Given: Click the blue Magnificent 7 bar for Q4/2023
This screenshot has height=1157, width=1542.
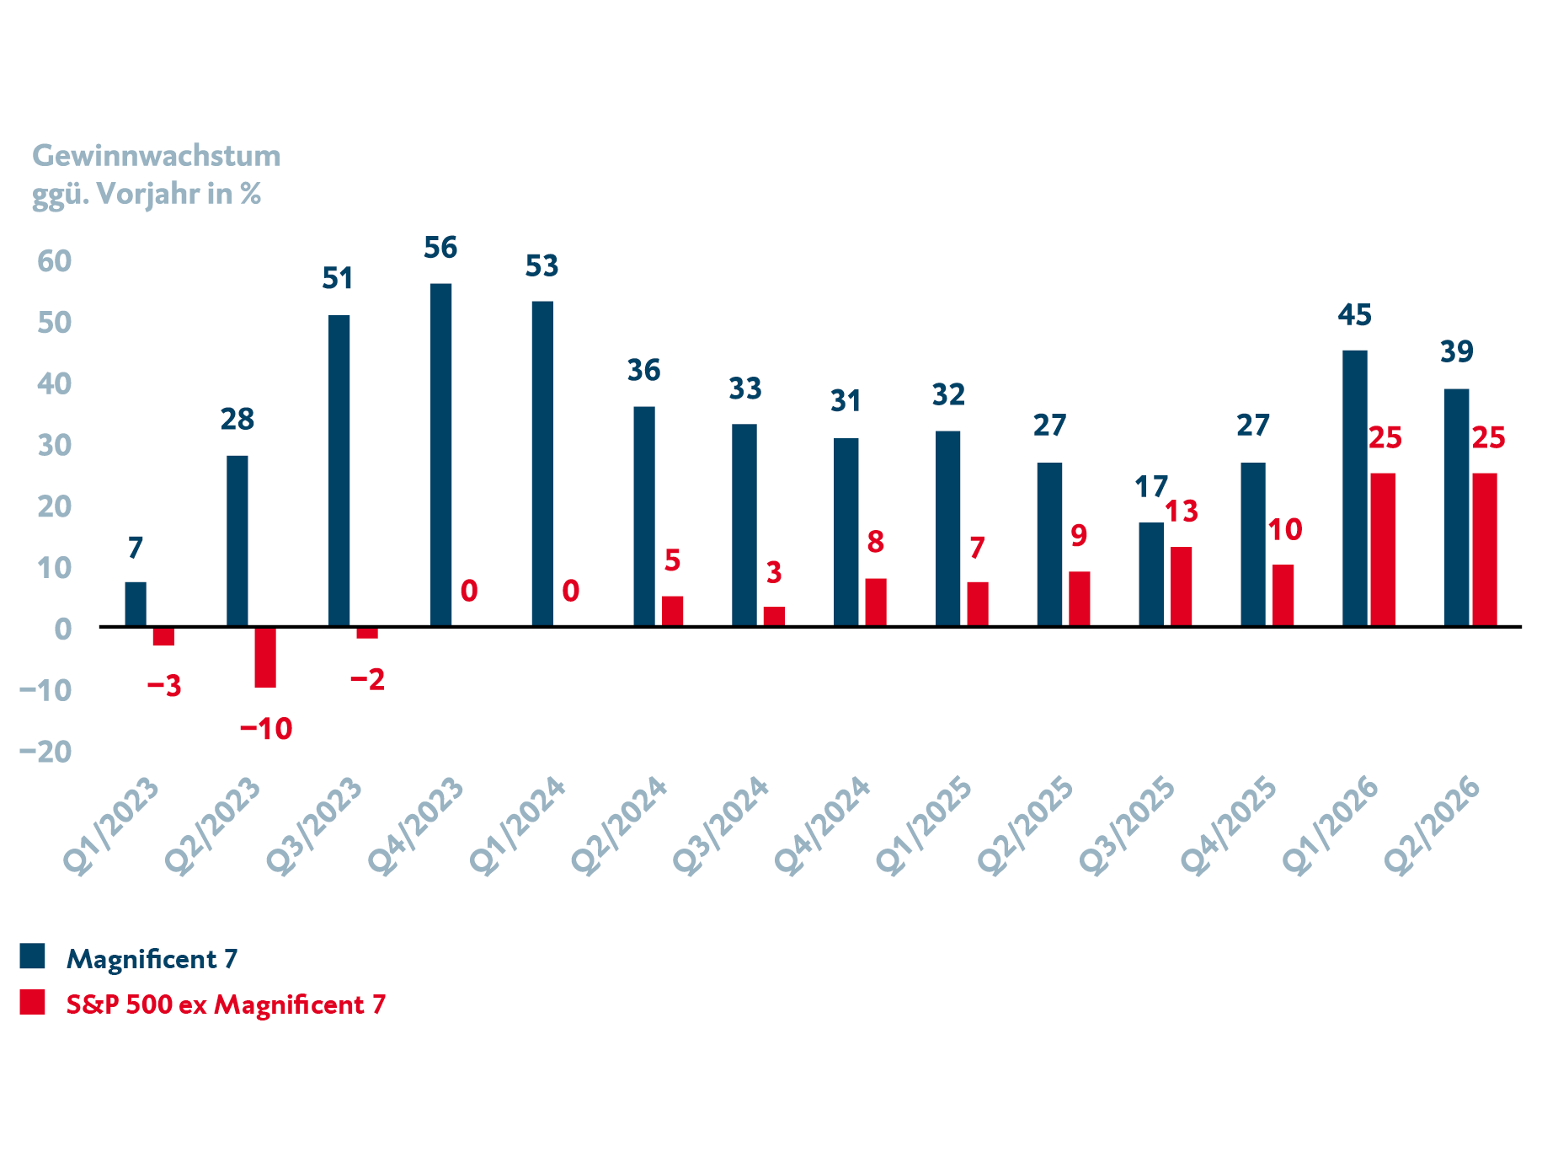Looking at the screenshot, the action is coord(440,454).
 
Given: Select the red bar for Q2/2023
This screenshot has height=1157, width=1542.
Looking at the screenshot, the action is coord(265,657).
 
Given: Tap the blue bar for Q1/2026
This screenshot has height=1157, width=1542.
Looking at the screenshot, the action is coord(1354,488).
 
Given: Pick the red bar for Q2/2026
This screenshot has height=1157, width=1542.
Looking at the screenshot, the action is coord(1484,549).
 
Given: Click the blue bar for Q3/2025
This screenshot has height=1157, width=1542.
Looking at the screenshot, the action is coord(1151,574).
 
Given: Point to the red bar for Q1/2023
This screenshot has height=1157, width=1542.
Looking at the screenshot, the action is coord(163,636).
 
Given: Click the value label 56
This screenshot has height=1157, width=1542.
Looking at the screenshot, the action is coord(440,248).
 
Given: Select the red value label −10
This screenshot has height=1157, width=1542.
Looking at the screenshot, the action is coord(266,729).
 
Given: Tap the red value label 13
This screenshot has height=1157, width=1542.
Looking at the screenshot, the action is coord(1181,512).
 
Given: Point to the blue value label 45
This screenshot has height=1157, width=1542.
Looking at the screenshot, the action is coord(1354,315).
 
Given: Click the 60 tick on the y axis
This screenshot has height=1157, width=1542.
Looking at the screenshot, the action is coord(55,261).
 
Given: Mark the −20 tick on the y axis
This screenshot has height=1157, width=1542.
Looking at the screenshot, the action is coord(45,751).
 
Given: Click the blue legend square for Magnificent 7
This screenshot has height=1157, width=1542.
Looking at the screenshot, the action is coord(32,956).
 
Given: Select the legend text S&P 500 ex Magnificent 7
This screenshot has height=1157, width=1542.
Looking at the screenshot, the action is coord(226,1004).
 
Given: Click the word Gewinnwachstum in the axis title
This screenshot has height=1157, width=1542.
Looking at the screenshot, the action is coord(157,156).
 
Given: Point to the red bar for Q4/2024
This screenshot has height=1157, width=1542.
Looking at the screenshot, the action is coord(876,603).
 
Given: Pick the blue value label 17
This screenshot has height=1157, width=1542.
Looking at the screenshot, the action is coord(1151,487).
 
